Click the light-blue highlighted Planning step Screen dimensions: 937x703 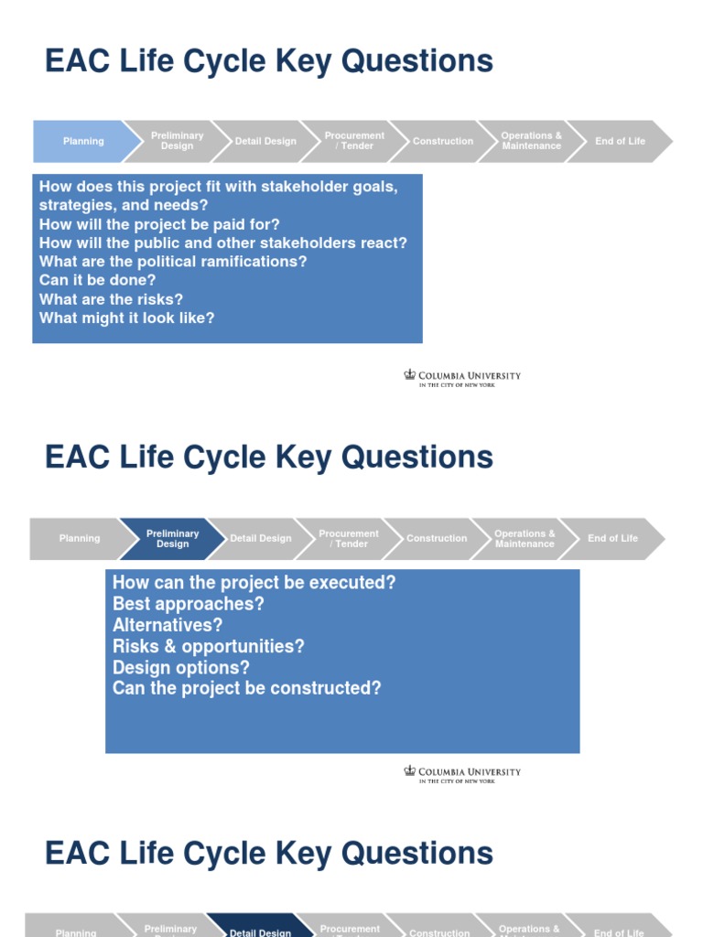[x=82, y=141]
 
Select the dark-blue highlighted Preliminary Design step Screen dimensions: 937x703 [x=172, y=538]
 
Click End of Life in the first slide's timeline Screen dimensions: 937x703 [x=620, y=141]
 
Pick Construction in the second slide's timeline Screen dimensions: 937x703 [x=437, y=538]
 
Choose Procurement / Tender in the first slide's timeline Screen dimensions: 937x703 [x=354, y=141]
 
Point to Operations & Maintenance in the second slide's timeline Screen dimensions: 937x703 [x=525, y=538]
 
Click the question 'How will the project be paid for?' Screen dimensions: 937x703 [x=159, y=224]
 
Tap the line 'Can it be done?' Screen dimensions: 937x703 [x=98, y=280]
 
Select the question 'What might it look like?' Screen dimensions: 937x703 [x=126, y=318]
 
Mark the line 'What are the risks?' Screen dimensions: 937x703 [x=111, y=299]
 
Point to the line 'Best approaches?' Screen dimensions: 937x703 [x=188, y=604]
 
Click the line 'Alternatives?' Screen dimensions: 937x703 [x=168, y=625]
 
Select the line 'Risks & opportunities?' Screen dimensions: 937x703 [x=208, y=646]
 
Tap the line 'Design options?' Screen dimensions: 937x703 [x=180, y=667]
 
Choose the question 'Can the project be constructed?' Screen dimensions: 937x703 [x=246, y=688]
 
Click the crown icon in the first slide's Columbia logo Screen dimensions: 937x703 [x=410, y=374]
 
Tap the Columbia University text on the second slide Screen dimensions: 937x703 [x=470, y=771]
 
